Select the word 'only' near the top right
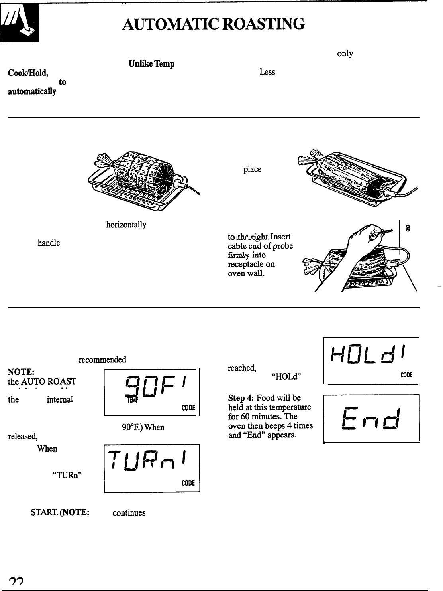[x=345, y=54]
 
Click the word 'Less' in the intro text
[x=267, y=73]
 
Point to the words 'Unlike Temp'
[x=151, y=64]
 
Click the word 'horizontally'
[x=126, y=225]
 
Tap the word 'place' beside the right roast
[x=252, y=169]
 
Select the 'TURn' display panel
[x=151, y=468]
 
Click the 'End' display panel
[x=371, y=418]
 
